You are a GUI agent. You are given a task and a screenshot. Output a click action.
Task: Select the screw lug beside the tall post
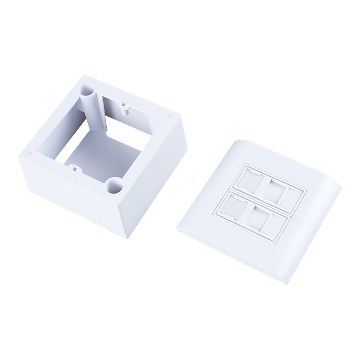122,106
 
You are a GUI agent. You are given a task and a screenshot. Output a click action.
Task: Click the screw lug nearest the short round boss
74,170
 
